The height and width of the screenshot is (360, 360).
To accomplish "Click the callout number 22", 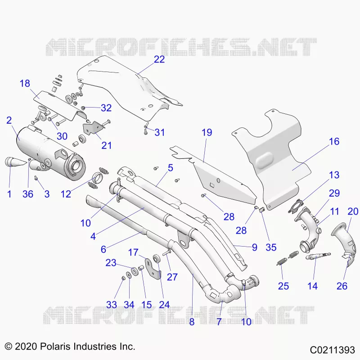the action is tap(159, 59).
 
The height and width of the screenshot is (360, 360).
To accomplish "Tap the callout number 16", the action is tap(334, 141).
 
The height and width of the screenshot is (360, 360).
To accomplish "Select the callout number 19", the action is tap(207, 132).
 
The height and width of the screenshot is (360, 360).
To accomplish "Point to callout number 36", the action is tap(28, 194).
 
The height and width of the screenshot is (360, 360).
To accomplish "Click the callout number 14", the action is tap(312, 286).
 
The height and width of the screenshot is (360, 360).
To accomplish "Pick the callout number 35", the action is tap(271, 247).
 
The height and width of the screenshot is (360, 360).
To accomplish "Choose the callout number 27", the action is tap(172, 277).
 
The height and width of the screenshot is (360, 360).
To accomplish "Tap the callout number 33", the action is tap(112, 305).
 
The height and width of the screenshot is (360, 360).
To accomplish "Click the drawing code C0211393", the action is tap(332, 350).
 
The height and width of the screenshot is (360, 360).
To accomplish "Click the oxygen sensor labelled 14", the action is tap(318, 256).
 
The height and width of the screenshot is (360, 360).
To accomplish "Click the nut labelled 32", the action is tap(84, 108).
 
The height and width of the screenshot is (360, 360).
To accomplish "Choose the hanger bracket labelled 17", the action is tap(153, 269).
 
